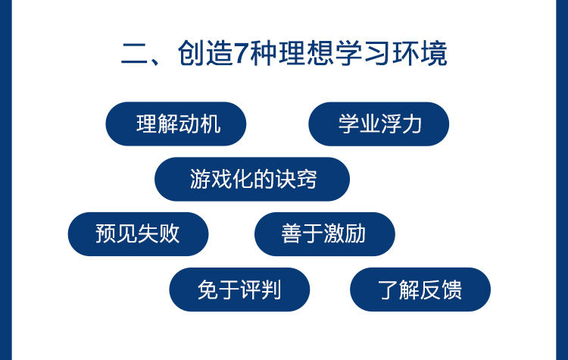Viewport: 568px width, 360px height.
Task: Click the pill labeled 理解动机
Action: click(x=176, y=124)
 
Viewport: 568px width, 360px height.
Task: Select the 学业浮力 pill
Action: click(x=379, y=124)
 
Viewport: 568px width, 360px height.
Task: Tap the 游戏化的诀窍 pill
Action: click(x=252, y=179)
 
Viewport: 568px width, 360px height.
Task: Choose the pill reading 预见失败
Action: click(x=138, y=234)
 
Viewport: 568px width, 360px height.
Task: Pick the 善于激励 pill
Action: click(x=325, y=234)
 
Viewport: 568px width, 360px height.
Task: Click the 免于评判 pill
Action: click(x=239, y=290)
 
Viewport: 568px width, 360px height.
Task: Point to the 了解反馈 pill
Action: click(x=420, y=290)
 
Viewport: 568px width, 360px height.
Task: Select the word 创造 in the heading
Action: click(x=205, y=53)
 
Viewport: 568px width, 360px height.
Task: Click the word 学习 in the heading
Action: click(x=363, y=53)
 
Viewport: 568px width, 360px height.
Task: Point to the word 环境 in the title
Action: click(x=420, y=53)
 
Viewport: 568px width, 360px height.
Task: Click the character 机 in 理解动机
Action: click(x=211, y=124)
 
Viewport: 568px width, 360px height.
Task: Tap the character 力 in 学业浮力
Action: click(x=411, y=124)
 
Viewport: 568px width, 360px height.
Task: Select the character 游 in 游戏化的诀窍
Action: click(x=201, y=179)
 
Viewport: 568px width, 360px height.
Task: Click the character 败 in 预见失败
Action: click(x=169, y=234)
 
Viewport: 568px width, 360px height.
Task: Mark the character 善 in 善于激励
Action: click(x=292, y=234)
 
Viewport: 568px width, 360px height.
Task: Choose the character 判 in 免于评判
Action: click(x=270, y=290)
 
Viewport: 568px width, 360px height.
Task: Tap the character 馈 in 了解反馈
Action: click(x=451, y=290)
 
